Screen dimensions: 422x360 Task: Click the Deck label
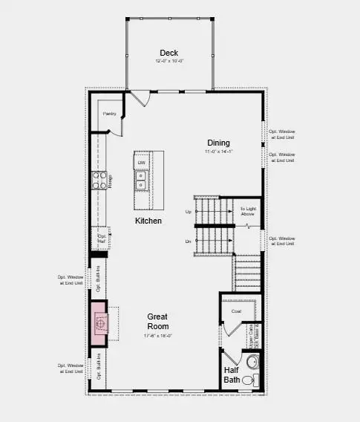[x=168, y=53]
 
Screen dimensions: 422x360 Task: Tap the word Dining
[x=218, y=143]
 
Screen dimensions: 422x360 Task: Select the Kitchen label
[x=148, y=221]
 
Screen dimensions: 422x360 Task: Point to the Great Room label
[x=157, y=321]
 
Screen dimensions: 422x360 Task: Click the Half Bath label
[x=232, y=375]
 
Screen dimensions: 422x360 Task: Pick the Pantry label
[x=109, y=114]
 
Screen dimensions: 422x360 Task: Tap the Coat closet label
[x=236, y=311]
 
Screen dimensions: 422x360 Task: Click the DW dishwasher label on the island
[x=141, y=162]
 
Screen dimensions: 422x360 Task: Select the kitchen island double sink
[x=141, y=181]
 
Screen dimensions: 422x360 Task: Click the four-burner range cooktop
[x=99, y=181]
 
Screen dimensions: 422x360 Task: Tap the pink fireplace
[x=99, y=322]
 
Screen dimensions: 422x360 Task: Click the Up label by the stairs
[x=189, y=212]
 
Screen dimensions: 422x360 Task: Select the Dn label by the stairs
[x=189, y=241]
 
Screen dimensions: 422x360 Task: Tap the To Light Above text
[x=246, y=212]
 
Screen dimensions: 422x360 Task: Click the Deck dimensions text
[x=168, y=62]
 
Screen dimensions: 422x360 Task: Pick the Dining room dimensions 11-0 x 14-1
[x=218, y=152]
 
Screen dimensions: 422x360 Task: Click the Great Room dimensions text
[x=157, y=336]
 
